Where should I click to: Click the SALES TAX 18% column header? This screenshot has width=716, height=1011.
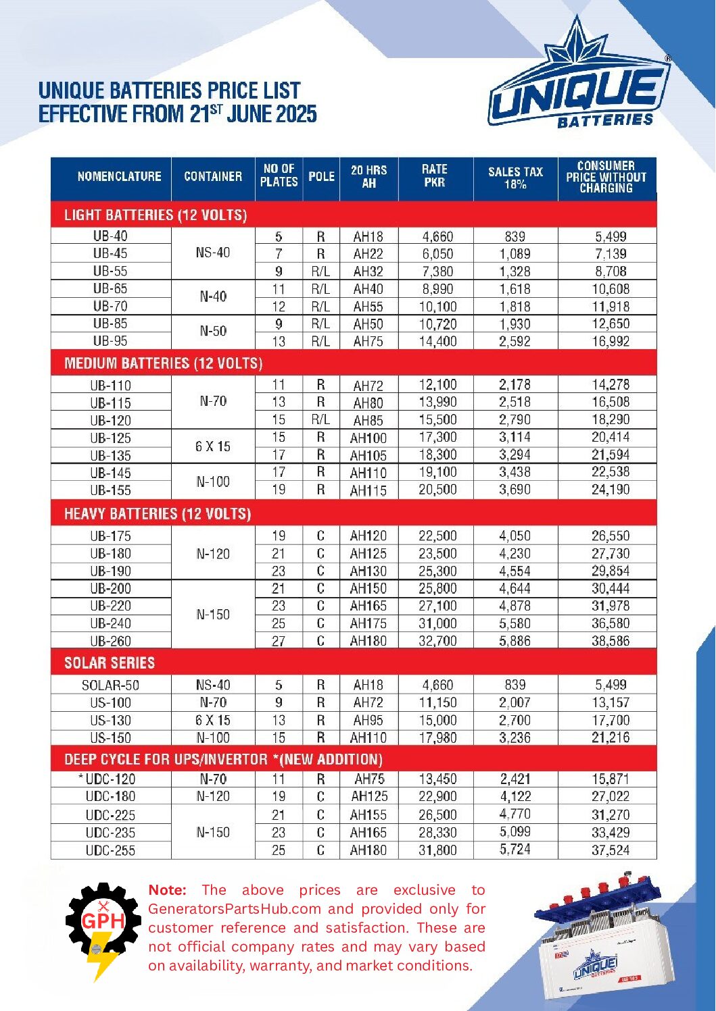(515, 178)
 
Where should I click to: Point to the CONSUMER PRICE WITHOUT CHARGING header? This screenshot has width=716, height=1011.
(606, 177)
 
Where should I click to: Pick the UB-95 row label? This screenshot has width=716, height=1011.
(110, 341)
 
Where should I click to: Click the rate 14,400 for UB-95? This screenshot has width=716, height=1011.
(437, 342)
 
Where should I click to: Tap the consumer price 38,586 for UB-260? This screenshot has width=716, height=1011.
(610, 641)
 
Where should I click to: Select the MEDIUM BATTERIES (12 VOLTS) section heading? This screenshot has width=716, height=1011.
(164, 363)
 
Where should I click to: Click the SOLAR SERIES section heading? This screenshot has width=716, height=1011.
(110, 663)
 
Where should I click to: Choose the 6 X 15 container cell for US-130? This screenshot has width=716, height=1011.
(213, 721)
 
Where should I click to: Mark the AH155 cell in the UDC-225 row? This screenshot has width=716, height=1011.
(368, 815)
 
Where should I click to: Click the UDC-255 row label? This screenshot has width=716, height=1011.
(110, 851)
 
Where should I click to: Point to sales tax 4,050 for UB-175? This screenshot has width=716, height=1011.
(515, 536)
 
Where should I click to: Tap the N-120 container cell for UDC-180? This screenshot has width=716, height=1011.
(213, 797)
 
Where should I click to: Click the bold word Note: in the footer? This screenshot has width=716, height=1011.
(167, 890)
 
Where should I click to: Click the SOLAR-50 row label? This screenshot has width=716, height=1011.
(110, 685)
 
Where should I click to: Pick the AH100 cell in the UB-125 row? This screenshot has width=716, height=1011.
(368, 438)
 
